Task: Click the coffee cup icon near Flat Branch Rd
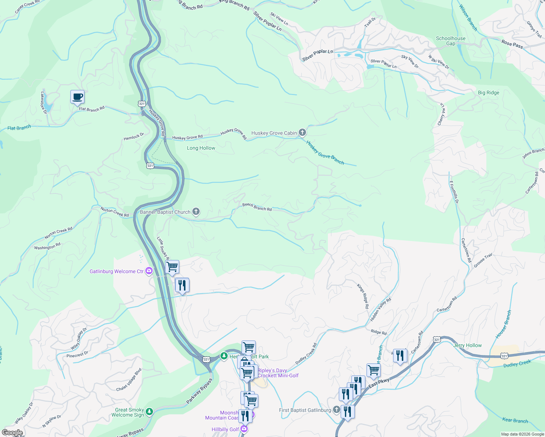click(x=77, y=97)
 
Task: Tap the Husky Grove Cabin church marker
click(x=302, y=133)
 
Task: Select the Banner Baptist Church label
click(x=165, y=212)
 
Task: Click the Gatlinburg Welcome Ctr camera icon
click(x=149, y=271)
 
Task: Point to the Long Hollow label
click(x=201, y=148)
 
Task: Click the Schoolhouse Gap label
click(x=451, y=41)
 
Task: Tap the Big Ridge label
click(x=488, y=92)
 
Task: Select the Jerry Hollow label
click(x=467, y=345)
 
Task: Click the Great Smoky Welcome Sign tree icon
click(x=149, y=412)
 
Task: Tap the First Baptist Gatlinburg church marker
click(x=336, y=410)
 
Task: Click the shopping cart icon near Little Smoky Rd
click(x=172, y=267)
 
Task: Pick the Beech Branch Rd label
click(x=257, y=207)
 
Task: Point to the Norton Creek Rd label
click(x=114, y=212)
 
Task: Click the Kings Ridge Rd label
click(x=363, y=296)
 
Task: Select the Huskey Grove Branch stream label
click(x=325, y=153)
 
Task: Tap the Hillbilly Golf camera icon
click(x=244, y=429)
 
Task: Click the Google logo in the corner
click(x=12, y=433)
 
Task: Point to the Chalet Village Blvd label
click(x=129, y=380)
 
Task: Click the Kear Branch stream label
click(x=515, y=420)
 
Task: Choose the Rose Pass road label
click(x=512, y=44)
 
